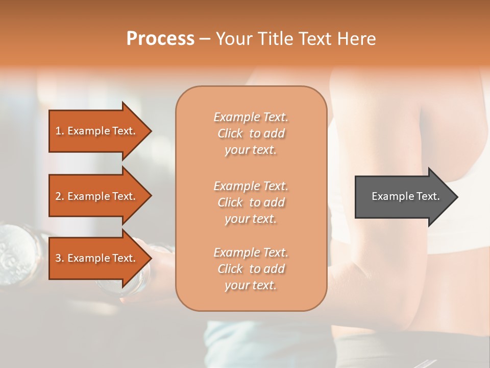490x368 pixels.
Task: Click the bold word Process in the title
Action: pos(160,39)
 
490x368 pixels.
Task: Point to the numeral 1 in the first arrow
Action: pos(59,131)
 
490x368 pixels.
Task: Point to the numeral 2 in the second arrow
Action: pos(59,196)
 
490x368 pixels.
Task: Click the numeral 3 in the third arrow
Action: pos(59,258)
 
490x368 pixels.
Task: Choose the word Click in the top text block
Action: pos(230,133)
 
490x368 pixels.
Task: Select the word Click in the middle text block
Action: pos(230,202)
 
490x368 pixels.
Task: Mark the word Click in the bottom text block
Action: pos(230,269)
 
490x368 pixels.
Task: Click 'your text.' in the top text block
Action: pos(251,150)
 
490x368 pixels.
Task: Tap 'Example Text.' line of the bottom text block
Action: pos(251,252)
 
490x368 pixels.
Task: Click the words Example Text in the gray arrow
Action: pos(406,196)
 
